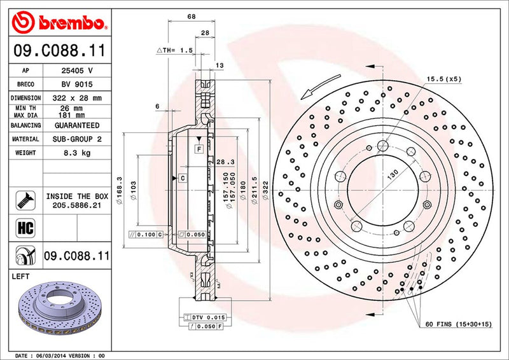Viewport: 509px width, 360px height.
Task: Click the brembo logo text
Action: (70, 24)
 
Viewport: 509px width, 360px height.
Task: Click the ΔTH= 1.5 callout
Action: (174, 50)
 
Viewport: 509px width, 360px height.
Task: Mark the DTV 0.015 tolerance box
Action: (204, 317)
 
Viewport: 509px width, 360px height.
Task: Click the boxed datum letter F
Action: (199, 149)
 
